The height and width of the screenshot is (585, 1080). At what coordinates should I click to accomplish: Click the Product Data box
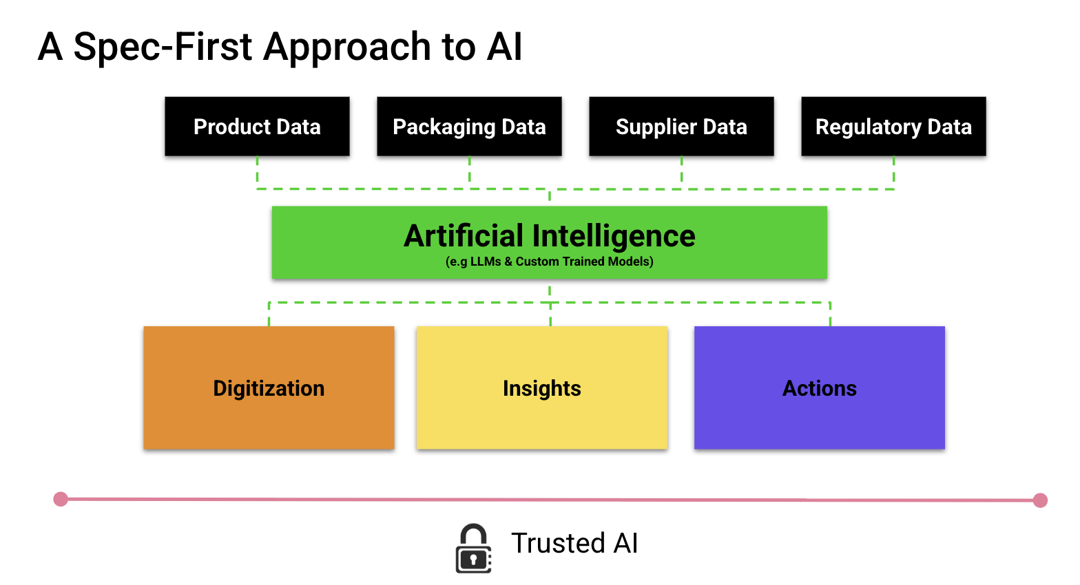click(257, 126)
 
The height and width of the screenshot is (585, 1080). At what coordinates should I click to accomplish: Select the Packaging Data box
click(469, 126)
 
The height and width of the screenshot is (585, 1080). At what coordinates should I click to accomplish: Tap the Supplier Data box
click(681, 126)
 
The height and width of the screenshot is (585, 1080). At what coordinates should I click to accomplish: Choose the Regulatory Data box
click(893, 126)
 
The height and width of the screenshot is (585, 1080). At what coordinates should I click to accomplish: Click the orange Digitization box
click(269, 387)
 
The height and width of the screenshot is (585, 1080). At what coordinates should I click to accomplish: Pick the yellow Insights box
click(542, 387)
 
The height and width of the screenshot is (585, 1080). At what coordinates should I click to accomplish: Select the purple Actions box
click(820, 387)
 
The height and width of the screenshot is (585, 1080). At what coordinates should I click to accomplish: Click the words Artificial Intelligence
click(550, 236)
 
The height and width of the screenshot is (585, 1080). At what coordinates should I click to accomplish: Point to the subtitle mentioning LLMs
click(550, 262)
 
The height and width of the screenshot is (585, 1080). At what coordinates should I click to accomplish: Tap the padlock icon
click(473, 549)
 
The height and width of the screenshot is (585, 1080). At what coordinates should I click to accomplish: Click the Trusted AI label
click(574, 543)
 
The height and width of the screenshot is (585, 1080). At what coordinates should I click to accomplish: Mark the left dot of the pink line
click(61, 499)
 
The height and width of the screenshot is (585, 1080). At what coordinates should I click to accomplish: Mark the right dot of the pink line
click(1041, 500)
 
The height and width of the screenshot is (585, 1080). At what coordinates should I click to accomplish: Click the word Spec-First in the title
click(163, 46)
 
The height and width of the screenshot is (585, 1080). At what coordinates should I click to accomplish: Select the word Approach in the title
click(346, 48)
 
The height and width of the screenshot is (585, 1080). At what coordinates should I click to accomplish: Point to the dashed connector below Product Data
click(257, 172)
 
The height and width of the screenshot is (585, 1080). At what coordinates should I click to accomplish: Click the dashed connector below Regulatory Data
click(893, 172)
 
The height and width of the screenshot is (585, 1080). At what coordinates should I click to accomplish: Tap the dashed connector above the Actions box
click(830, 315)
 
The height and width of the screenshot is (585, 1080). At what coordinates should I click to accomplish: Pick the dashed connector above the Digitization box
click(269, 315)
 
